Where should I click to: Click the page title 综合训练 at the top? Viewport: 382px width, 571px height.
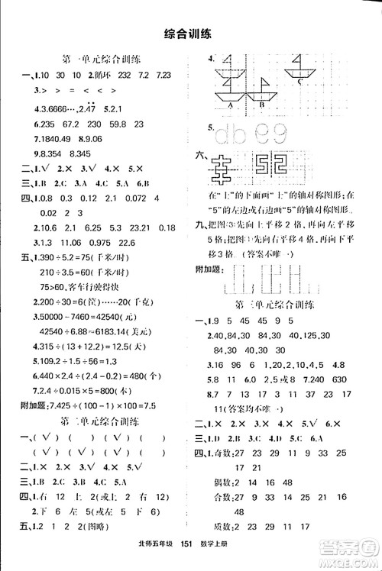click(x=191, y=33)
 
